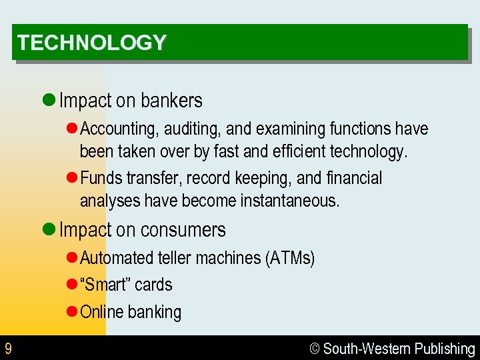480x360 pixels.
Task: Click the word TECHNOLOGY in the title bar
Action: pos(91,43)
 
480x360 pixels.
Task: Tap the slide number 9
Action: pos(8,349)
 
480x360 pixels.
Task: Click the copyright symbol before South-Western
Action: pos(315,349)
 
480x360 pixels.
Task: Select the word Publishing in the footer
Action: pos(445,349)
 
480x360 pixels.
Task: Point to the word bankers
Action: pos(171,101)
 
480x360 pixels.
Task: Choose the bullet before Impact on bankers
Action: pos(48,101)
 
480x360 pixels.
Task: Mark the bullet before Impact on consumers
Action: pos(48,230)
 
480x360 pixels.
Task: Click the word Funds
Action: pos(97,178)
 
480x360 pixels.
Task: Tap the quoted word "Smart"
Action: pos(105,285)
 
